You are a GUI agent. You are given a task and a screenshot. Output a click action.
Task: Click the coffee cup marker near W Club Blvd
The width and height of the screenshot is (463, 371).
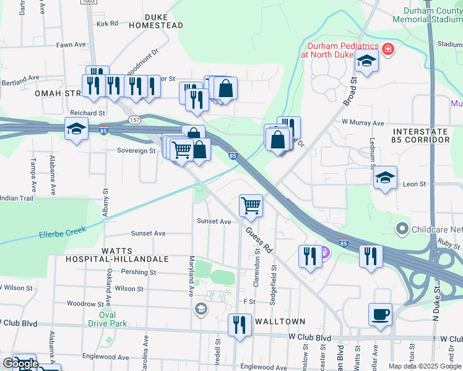[380, 314]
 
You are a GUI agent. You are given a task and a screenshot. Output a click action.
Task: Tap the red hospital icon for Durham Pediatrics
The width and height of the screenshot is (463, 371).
[388, 49]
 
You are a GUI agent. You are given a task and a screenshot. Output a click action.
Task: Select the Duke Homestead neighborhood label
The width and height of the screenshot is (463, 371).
[156, 21]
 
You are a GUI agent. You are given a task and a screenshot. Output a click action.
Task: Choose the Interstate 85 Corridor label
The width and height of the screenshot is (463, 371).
[420, 136]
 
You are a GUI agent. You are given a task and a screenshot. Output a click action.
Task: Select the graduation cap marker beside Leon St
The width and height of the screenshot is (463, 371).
[385, 177]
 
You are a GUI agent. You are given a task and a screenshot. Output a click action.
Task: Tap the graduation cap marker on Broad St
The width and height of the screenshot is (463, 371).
[366, 61]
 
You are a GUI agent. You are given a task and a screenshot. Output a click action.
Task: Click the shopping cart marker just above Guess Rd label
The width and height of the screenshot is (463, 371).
[251, 205]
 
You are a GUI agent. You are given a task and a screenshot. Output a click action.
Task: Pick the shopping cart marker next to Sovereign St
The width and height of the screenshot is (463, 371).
[181, 149]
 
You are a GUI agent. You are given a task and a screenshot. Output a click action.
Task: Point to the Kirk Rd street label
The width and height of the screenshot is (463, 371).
[106, 23]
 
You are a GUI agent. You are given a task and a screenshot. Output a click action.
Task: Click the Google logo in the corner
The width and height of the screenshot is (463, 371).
[20, 364]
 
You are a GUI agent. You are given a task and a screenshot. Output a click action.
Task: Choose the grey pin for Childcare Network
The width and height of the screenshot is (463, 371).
[403, 229]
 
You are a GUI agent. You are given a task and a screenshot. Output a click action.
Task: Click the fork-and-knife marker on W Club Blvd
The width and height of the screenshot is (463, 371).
[240, 325]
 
